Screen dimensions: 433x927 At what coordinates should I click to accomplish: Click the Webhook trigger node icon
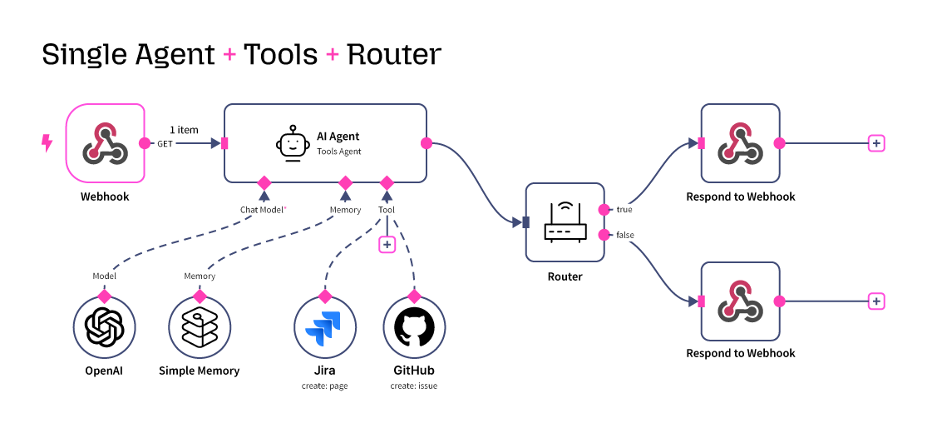click(x=105, y=143)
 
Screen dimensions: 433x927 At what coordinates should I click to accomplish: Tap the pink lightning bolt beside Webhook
click(x=47, y=143)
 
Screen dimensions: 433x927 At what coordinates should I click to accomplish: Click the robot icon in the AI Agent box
click(x=288, y=143)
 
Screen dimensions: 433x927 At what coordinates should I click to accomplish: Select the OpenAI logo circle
click(x=104, y=327)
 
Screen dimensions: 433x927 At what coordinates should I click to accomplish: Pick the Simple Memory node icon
click(x=200, y=327)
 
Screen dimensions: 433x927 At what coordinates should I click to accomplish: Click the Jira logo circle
click(x=325, y=327)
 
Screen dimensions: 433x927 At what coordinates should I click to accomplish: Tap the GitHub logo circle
click(x=414, y=327)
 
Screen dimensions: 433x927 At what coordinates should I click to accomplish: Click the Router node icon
click(x=565, y=222)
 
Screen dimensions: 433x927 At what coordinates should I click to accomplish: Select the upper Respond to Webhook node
click(x=740, y=143)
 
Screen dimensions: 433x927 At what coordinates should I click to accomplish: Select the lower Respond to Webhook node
click(x=740, y=301)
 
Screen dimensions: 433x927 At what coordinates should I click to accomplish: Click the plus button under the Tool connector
click(x=387, y=244)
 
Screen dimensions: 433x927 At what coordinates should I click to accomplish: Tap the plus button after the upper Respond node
click(x=875, y=143)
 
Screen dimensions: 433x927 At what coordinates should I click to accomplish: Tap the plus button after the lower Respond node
click(x=875, y=301)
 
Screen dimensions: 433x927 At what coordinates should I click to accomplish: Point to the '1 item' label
click(x=184, y=130)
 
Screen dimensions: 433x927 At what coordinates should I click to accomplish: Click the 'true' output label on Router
click(x=624, y=210)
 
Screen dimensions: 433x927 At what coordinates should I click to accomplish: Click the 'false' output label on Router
click(x=625, y=235)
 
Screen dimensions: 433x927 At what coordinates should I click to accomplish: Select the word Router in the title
click(x=394, y=54)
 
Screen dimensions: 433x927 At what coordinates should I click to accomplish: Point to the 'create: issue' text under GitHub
click(x=414, y=386)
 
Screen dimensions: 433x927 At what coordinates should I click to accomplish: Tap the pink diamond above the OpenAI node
click(x=104, y=296)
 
